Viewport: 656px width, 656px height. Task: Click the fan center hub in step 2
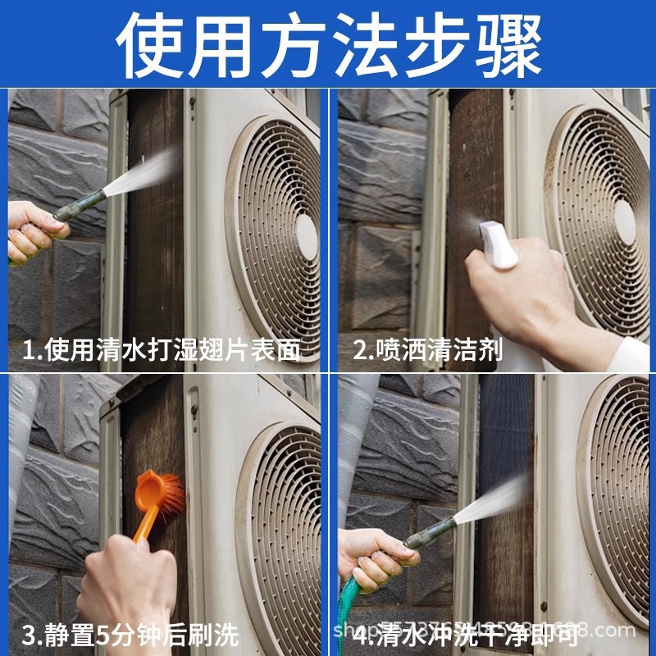(625, 221)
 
